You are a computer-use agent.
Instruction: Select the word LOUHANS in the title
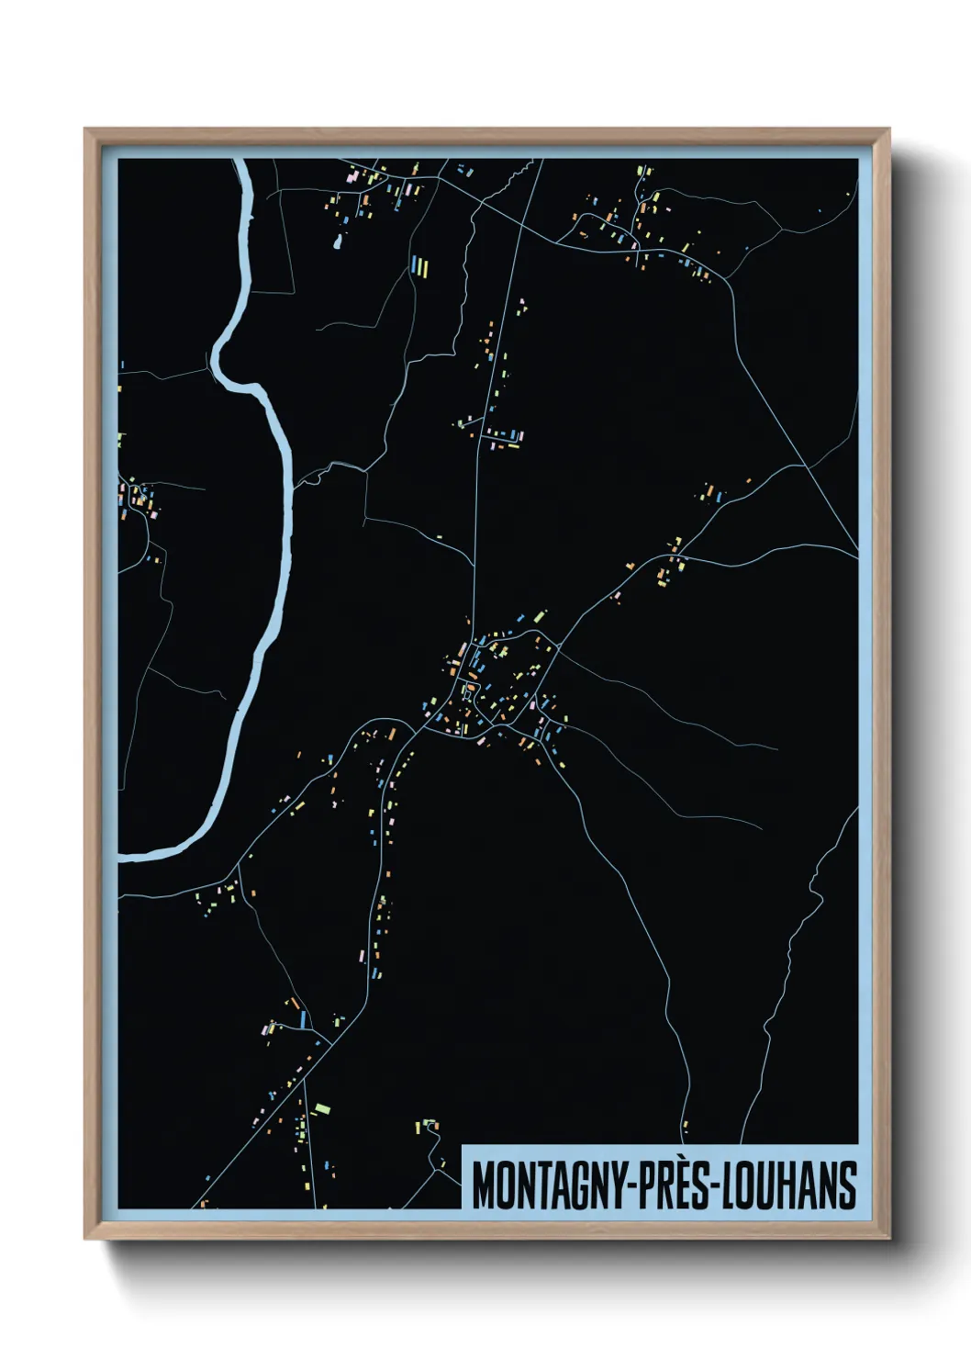tap(790, 1185)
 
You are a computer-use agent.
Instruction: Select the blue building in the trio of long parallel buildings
tap(419, 266)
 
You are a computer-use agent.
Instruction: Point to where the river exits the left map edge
tap(123, 859)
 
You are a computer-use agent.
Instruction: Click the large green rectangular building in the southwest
tap(320, 1108)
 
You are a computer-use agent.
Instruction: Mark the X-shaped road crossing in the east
tap(805, 466)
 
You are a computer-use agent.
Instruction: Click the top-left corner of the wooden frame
tap(85, 130)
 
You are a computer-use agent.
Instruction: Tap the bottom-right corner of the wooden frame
tap(888, 1238)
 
